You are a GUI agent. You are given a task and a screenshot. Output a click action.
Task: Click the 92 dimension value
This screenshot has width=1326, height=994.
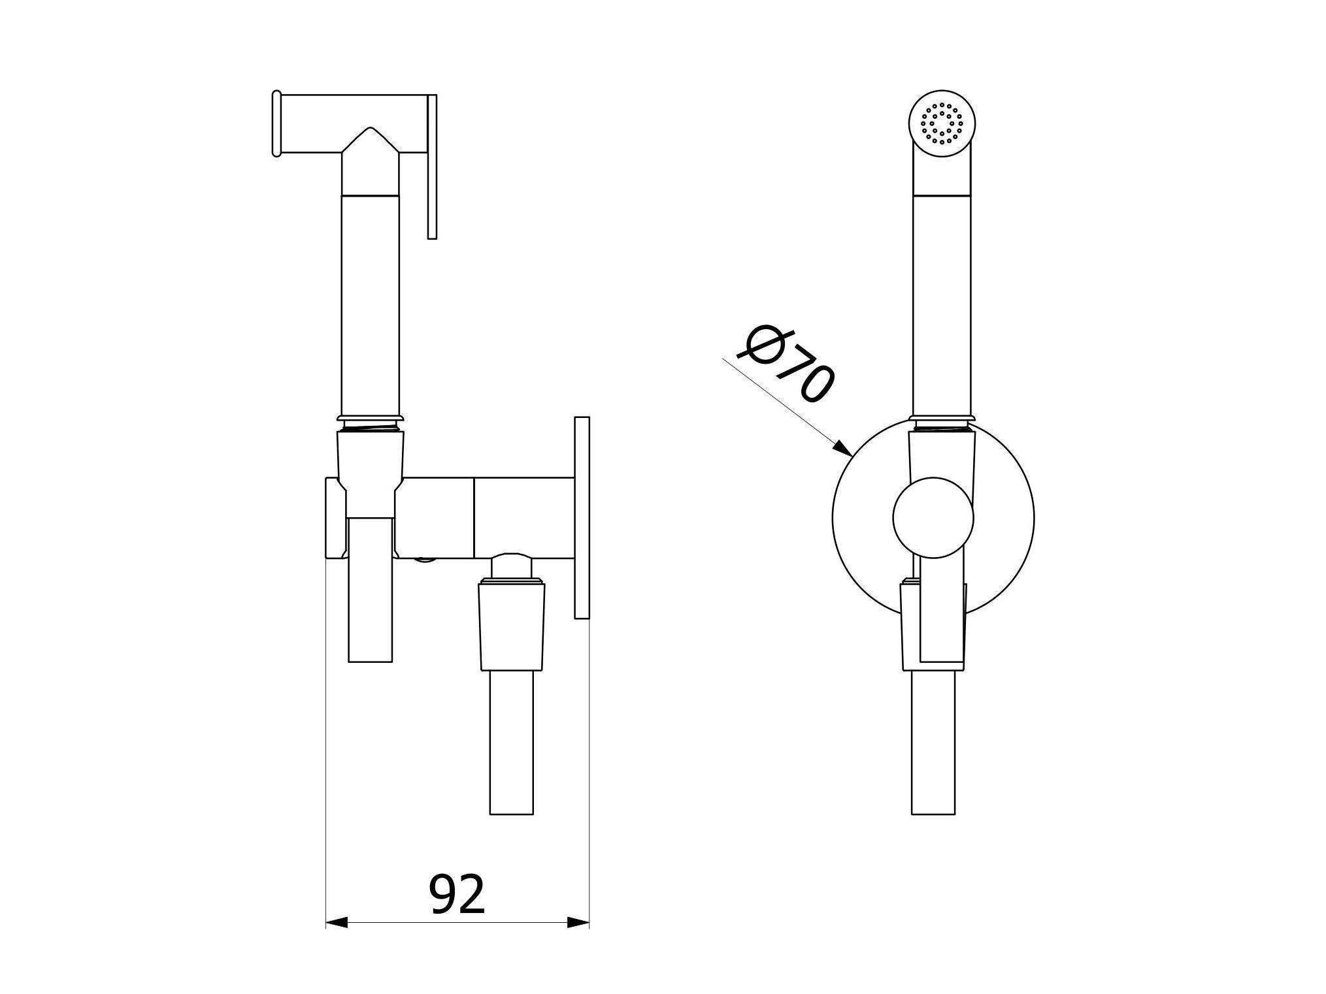[x=457, y=895]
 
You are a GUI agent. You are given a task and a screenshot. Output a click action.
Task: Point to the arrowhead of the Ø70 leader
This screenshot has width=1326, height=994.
[x=843, y=449]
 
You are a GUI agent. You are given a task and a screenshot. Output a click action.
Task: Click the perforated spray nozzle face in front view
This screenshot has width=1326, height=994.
[x=942, y=122]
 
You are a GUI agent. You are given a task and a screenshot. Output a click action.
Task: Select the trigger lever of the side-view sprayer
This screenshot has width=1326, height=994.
[x=432, y=167]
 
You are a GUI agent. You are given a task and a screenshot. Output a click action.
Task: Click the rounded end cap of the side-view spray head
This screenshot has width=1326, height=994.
[x=276, y=123]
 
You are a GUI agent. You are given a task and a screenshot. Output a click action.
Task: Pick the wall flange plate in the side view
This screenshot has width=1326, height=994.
[x=582, y=517]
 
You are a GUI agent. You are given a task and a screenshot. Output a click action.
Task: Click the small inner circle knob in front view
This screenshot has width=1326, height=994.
[x=933, y=517]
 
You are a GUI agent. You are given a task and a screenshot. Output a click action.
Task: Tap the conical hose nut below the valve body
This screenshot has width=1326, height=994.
[x=512, y=625]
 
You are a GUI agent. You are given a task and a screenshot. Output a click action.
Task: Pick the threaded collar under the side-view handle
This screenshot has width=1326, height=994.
[x=370, y=426]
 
